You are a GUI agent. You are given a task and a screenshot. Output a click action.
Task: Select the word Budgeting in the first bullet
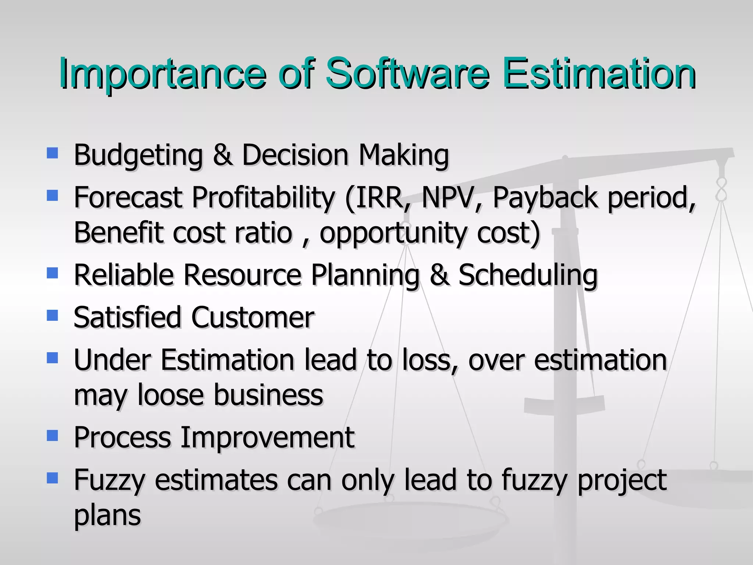tap(138, 155)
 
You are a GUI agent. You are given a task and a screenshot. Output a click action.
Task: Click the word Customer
tap(253, 317)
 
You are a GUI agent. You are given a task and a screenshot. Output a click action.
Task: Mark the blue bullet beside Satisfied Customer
tap(53, 315)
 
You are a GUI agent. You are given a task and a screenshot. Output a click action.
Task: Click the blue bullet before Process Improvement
tap(53, 436)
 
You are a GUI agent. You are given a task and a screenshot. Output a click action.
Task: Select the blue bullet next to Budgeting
tap(53, 153)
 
